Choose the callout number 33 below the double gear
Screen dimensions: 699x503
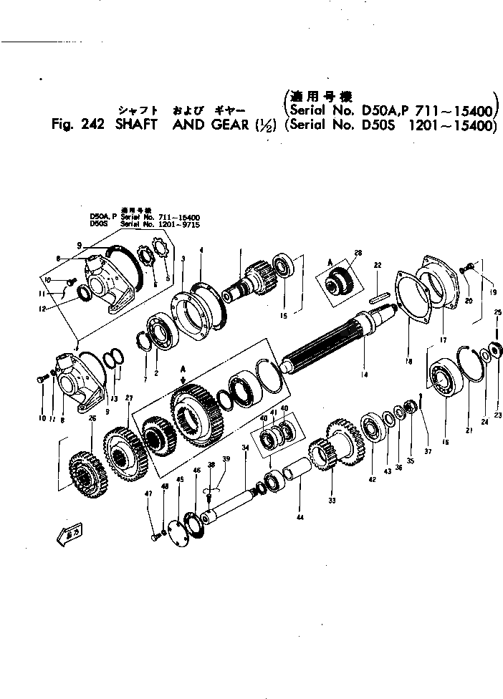pos(331,501)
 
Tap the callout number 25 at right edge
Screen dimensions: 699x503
pos(497,312)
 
